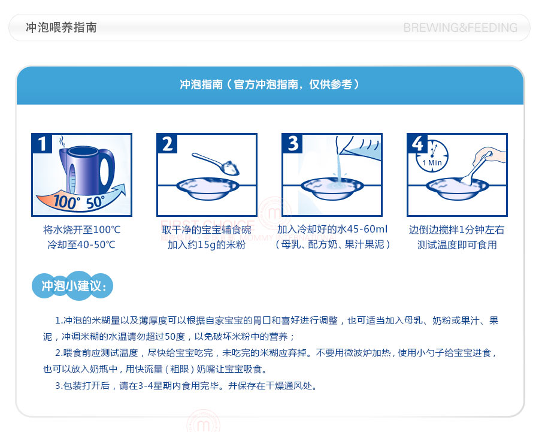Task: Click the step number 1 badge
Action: [x=42, y=143]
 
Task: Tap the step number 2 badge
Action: [x=167, y=143]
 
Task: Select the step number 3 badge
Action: [x=292, y=143]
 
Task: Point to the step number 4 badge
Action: [x=417, y=143]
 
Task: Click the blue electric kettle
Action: [x=87, y=170]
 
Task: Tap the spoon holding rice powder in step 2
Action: [x=216, y=164]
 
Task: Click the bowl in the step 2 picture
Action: [x=207, y=188]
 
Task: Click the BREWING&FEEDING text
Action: [x=461, y=28]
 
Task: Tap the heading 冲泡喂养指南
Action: [x=61, y=28]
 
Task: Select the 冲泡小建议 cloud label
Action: [x=72, y=285]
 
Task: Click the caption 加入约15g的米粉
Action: [x=207, y=245]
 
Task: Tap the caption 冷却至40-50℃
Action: [x=81, y=245]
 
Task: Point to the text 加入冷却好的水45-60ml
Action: [x=332, y=229]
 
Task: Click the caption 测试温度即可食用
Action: [x=457, y=245]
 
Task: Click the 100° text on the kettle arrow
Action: [x=66, y=201]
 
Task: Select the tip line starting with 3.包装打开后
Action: [x=186, y=386]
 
